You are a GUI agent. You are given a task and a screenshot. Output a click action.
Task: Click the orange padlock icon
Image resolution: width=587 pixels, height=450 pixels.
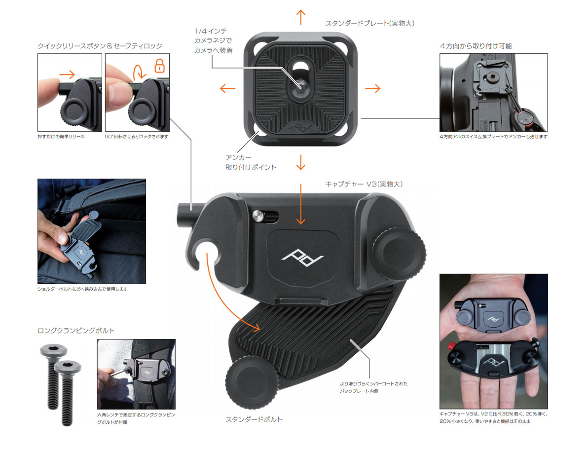pos(159,66)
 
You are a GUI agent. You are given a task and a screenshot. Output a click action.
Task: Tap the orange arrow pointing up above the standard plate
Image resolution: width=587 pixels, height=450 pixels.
pos(300,17)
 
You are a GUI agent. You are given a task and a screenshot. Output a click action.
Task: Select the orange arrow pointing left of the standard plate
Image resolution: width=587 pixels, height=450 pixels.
pos(227,89)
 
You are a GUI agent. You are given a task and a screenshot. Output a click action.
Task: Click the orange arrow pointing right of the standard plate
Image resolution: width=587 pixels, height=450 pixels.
pos(372,89)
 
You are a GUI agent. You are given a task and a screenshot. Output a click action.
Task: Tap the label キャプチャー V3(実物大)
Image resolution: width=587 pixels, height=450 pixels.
pos(364,184)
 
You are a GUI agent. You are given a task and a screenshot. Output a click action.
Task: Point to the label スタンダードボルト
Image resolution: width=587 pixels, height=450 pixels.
pos(254,419)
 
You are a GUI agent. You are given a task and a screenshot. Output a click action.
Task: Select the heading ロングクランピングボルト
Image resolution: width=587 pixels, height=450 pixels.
pos(76,330)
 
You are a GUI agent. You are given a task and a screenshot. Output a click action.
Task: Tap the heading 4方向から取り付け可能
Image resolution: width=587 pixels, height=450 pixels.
pos(476,46)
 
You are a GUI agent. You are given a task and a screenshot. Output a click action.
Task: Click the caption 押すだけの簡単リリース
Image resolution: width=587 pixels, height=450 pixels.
pos(61,136)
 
